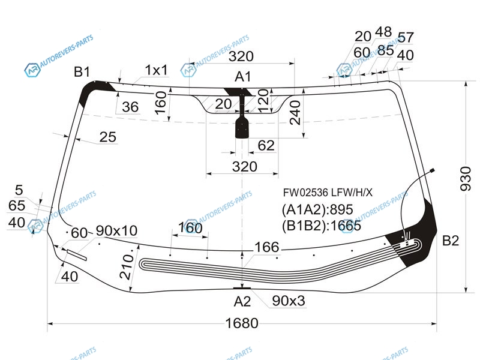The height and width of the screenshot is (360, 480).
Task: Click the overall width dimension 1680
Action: (x=242, y=323)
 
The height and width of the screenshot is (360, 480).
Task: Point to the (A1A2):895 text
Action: (x=317, y=210)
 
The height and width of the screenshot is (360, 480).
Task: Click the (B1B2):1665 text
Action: (x=321, y=226)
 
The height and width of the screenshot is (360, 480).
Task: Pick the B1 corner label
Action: (x=82, y=72)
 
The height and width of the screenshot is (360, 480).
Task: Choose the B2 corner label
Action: (x=451, y=241)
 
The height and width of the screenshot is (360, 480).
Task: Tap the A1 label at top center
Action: (x=243, y=76)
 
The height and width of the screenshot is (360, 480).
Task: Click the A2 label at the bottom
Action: (x=242, y=301)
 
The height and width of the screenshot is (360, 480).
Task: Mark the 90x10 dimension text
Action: (x=116, y=230)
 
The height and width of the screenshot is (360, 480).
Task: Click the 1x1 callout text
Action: (x=156, y=70)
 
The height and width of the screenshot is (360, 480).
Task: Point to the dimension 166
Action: (x=266, y=247)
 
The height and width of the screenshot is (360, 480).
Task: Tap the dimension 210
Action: (x=125, y=266)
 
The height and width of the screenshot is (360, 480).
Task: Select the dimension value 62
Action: (x=266, y=145)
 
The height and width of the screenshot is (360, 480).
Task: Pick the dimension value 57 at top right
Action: (x=406, y=38)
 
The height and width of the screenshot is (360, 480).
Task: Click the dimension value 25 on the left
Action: (x=107, y=137)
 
